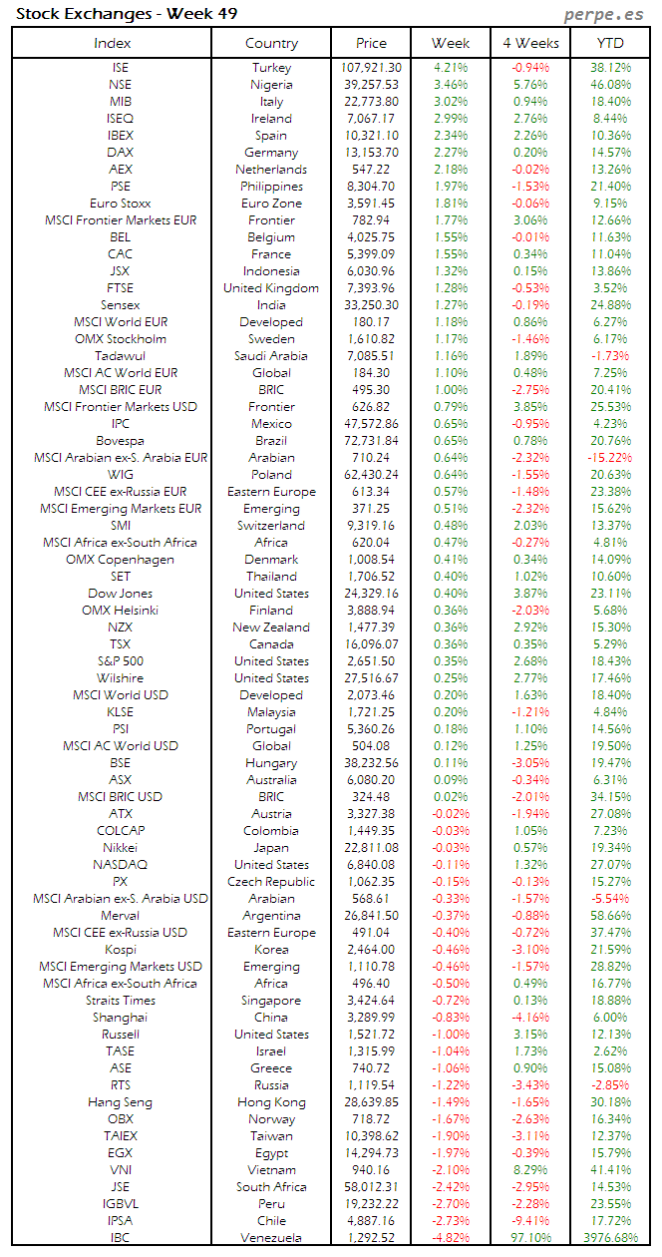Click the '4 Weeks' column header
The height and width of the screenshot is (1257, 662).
pyautogui.click(x=530, y=43)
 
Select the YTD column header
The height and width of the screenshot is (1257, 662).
pyautogui.click(x=610, y=43)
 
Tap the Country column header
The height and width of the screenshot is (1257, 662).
pyautogui.click(x=271, y=43)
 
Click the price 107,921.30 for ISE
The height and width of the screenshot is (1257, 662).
pyautogui.click(x=370, y=68)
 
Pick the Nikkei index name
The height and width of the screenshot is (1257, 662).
pyautogui.click(x=121, y=848)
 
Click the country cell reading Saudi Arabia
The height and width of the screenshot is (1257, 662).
pyautogui.click(x=271, y=356)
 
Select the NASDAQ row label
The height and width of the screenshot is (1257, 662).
pyautogui.click(x=121, y=865)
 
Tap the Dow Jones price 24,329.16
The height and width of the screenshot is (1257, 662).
pyautogui.click(x=370, y=594)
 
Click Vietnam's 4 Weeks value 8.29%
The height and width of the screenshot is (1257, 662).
pyautogui.click(x=530, y=1170)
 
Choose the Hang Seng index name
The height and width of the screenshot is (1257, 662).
pyautogui.click(x=121, y=1102)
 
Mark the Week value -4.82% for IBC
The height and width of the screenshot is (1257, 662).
pyautogui.click(x=451, y=1238)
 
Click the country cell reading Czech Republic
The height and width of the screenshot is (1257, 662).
pyautogui.click(x=271, y=882)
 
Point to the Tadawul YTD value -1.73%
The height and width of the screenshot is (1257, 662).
pyautogui.click(x=610, y=356)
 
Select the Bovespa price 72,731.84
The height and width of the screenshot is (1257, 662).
pyautogui.click(x=370, y=441)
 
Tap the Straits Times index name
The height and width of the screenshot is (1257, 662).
pyautogui.click(x=121, y=1001)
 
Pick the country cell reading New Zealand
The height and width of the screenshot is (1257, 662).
pyautogui.click(x=271, y=628)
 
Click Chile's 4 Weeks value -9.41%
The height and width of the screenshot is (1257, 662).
pyautogui.click(x=530, y=1221)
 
